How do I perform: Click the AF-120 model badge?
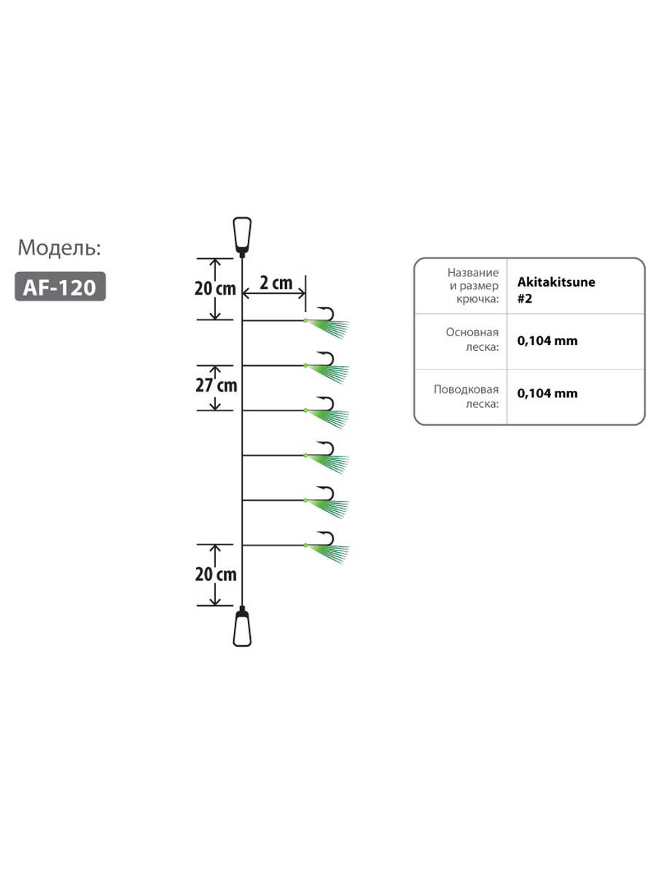coord(60,287)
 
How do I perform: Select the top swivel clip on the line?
coord(242,236)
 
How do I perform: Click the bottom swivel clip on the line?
coord(242,626)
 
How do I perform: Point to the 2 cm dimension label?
coord(276,283)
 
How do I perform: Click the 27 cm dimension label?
coord(216,386)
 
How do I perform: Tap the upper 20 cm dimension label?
coord(215,289)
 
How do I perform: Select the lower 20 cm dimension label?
coord(216,575)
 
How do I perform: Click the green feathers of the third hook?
coord(329,419)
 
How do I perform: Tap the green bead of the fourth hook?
coord(305,455)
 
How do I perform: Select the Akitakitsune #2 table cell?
coord(556,289)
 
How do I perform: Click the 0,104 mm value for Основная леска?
coord(547,341)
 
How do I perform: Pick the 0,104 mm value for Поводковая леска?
coord(547,394)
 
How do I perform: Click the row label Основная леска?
coord(472,340)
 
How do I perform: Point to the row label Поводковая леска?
coord(466,396)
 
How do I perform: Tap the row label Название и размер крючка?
coord(474,285)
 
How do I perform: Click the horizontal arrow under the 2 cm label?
coord(274,294)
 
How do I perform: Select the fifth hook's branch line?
coord(273,500)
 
